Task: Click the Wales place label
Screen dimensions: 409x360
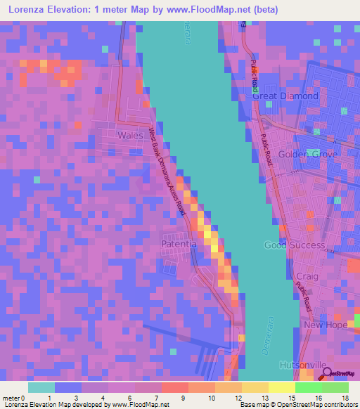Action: (131, 135)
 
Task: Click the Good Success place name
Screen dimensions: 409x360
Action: (294, 245)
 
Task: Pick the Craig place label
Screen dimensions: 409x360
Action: (307, 276)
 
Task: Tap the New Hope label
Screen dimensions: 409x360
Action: (322, 325)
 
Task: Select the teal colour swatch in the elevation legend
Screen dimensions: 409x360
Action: (41, 387)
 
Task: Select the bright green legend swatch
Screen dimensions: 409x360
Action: (309, 387)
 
